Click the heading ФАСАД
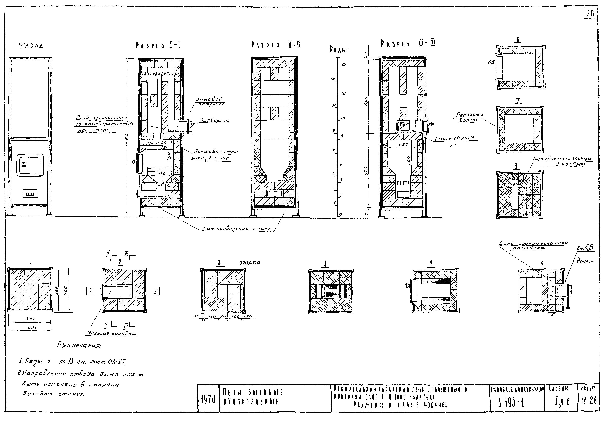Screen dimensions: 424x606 coord(31,46)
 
